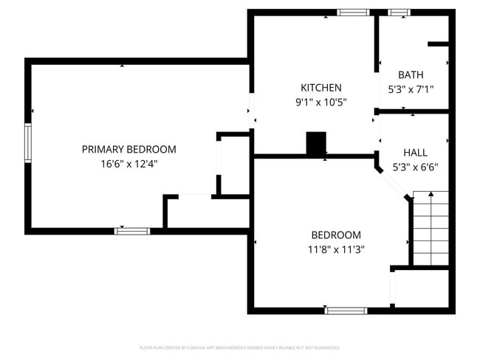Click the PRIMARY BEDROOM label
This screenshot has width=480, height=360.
(x=128, y=149)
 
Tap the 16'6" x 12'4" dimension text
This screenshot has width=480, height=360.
(x=128, y=164)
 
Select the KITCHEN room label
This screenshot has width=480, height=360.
(x=320, y=88)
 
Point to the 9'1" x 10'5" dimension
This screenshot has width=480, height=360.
(x=320, y=103)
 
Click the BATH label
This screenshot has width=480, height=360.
(x=411, y=75)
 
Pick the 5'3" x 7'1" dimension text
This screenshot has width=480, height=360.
(x=411, y=89)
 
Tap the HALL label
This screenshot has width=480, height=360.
(x=414, y=152)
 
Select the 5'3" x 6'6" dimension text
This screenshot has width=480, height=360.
(x=414, y=167)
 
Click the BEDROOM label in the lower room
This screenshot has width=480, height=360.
(x=336, y=235)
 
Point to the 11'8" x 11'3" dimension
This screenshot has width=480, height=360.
(x=336, y=249)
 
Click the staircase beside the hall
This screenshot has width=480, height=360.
(x=430, y=229)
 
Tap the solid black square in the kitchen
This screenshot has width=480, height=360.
(x=316, y=143)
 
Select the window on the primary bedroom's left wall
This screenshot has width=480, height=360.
(x=29, y=142)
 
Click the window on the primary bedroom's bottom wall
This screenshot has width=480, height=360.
(x=132, y=231)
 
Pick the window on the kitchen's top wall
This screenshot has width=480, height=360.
(x=353, y=13)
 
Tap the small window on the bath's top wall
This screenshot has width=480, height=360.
(x=400, y=13)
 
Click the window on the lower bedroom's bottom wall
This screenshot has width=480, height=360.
(x=346, y=311)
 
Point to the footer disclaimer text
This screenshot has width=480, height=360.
(x=239, y=347)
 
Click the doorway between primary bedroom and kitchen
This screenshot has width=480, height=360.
(x=251, y=111)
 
